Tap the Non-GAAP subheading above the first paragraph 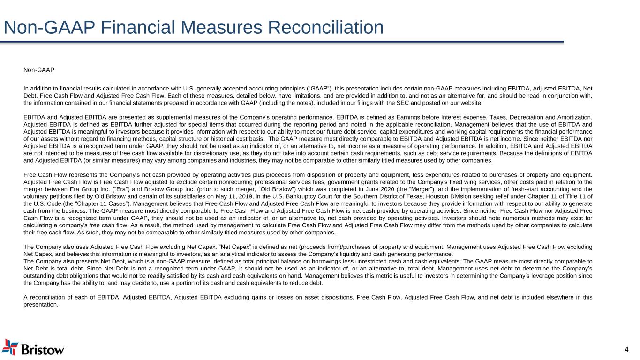[39, 70]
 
